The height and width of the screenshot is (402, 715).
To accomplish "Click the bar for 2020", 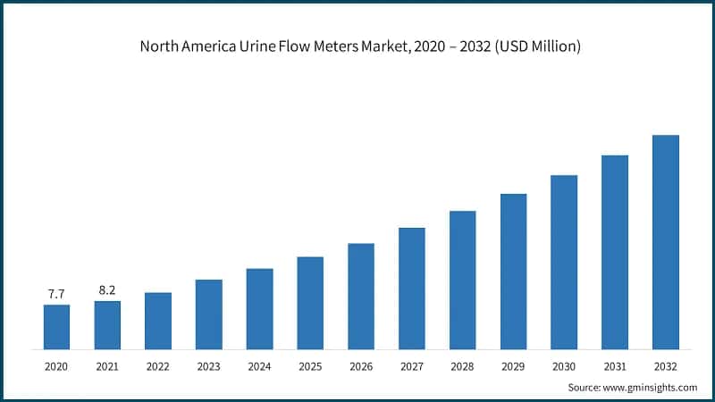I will (56, 327).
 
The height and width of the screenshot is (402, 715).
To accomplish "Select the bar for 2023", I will (208, 314).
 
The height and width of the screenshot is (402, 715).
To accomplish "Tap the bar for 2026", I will (361, 296).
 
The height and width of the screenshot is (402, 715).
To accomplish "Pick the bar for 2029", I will (513, 272).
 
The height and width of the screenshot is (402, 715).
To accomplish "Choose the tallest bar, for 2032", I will (665, 242).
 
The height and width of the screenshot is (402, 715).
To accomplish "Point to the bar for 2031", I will (615, 252).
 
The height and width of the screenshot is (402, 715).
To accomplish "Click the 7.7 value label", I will (56, 293).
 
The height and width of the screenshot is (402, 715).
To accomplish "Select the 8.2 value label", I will (107, 289).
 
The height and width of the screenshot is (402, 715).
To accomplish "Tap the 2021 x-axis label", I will (107, 366).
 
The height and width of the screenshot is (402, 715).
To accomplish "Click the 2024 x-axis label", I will (259, 366).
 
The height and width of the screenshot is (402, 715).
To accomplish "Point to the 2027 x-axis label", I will (412, 366).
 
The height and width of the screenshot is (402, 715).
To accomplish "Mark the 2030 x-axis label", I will (564, 366).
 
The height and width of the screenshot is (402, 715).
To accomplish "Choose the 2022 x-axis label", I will (158, 366).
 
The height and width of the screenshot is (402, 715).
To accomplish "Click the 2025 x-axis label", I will (310, 366).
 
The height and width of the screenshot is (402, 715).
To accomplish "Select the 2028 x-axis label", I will (462, 366).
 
